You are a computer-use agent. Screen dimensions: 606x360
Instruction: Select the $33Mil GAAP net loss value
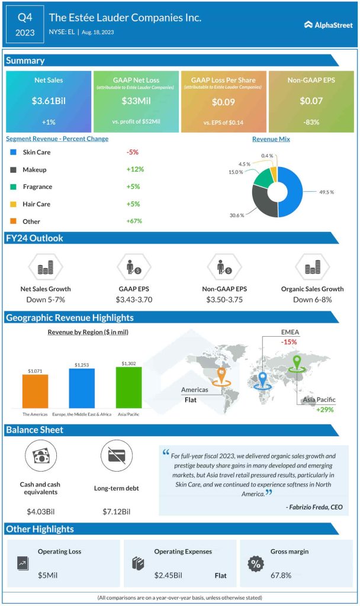(136, 101)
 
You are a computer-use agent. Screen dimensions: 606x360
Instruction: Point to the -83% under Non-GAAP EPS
(311, 122)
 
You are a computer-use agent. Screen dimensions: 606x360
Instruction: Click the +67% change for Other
(135, 221)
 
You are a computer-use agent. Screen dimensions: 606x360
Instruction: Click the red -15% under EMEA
(290, 342)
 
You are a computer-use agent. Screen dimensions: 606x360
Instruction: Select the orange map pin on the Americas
(221, 374)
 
